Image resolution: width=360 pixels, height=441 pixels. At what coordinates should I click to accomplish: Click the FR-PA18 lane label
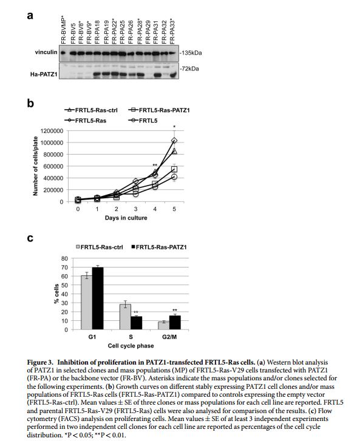pos(97,32)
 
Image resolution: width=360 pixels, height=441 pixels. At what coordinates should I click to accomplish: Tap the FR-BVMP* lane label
pos(63,30)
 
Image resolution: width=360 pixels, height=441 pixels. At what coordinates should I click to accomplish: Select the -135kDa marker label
pos(191,53)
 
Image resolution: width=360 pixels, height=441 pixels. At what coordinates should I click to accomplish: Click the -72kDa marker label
pos(189,69)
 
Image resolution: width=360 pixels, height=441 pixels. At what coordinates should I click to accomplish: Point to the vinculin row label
pos(46,52)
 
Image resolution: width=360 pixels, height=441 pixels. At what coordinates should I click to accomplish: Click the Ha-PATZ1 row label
pos(44,75)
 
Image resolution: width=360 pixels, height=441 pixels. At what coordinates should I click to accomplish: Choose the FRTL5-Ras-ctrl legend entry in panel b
pos(91,110)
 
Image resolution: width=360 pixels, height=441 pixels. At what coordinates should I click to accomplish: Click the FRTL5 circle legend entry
pos(143,121)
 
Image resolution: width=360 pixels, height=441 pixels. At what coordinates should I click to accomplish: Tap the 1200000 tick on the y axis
pos(52,131)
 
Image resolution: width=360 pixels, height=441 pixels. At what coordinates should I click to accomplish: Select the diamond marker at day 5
pos(174,140)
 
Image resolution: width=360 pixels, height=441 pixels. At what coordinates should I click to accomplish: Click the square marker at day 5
pos(174,169)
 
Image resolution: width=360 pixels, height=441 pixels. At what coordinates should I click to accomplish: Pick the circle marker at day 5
pos(174,177)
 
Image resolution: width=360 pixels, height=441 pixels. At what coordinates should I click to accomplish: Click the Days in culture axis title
pos(126,218)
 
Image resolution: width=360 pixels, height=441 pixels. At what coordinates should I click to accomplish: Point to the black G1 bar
pos(98,298)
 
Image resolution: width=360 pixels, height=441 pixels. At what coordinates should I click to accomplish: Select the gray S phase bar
pos(125,317)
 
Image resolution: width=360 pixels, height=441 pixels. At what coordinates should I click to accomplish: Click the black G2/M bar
pos(175,322)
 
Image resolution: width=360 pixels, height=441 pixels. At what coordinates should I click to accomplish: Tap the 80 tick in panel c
pos(64,258)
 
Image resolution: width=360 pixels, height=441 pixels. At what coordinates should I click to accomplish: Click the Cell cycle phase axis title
pos(131,346)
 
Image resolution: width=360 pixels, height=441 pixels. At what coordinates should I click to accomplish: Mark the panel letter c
pos(30,238)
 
